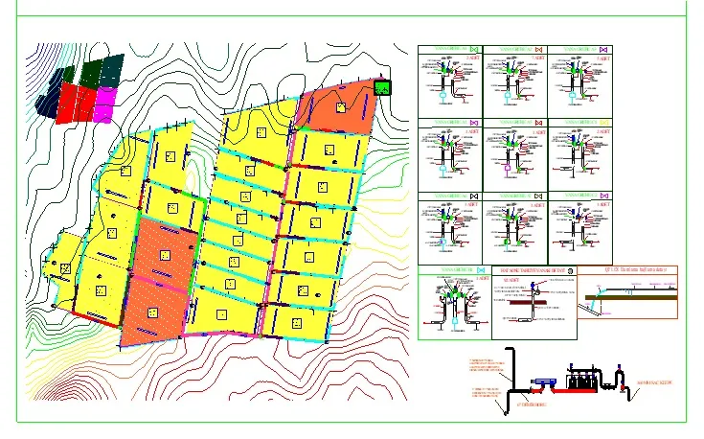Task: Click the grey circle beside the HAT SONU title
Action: [x=571, y=271]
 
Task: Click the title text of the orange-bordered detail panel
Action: [x=628, y=269]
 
